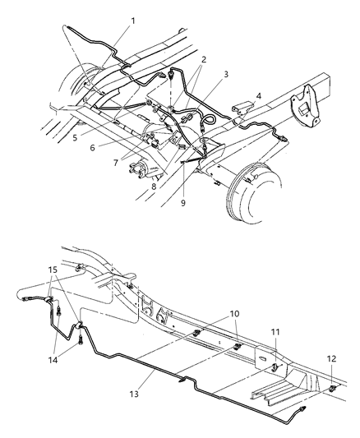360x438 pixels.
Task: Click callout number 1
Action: coord(132,20)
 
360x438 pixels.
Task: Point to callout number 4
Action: coord(260,95)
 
